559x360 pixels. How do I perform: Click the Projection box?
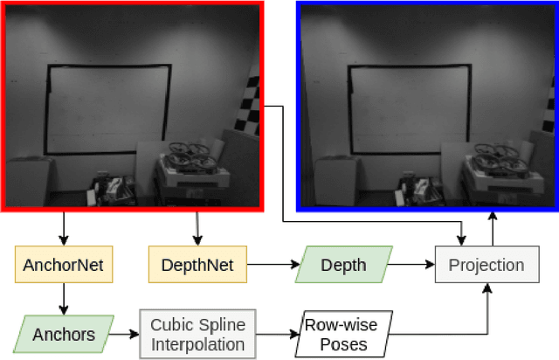[x=486, y=265]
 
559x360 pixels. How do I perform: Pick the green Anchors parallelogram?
[x=62, y=333]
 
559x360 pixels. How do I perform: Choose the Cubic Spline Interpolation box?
[x=197, y=333]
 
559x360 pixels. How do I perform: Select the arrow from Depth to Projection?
[x=411, y=264]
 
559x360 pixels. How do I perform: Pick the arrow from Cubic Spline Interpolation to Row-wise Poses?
[x=278, y=334]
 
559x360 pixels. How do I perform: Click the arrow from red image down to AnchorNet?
[x=62, y=228]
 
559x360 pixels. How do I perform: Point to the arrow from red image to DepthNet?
[x=197, y=228]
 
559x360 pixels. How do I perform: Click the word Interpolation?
[x=197, y=343]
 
